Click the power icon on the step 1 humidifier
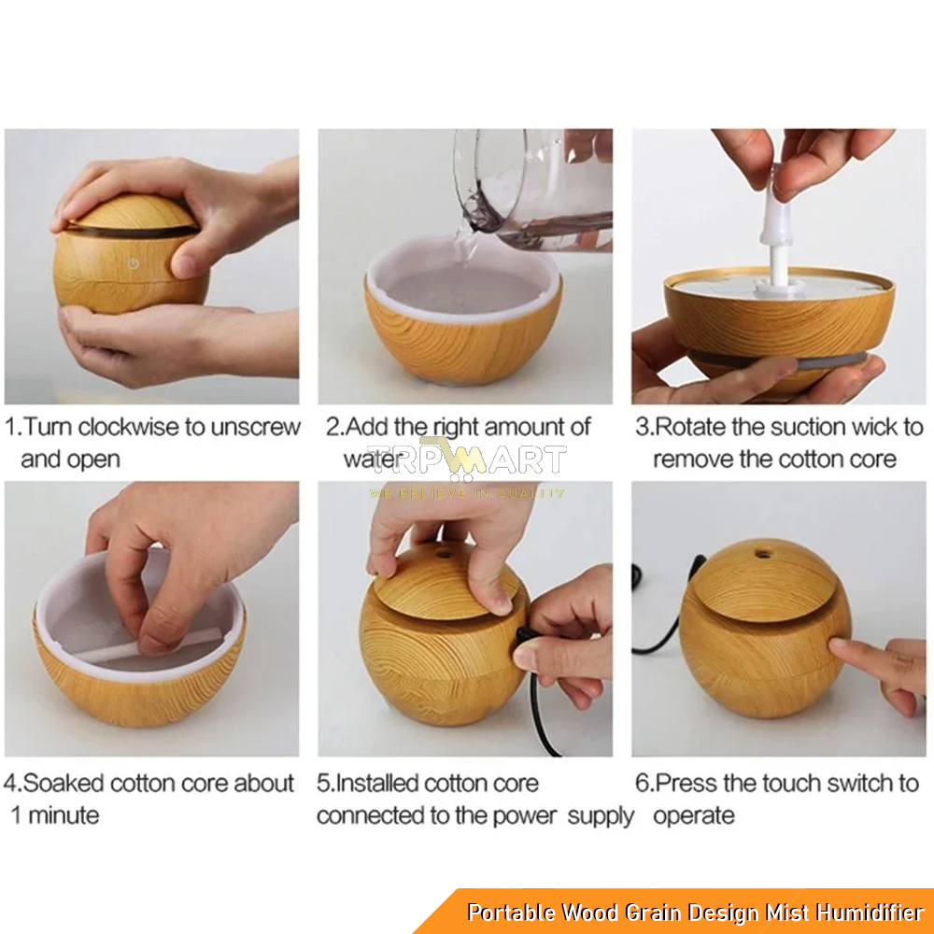pyautogui.click(x=134, y=262)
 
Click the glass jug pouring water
pyautogui.click(x=533, y=190)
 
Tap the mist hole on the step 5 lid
pyautogui.click(x=444, y=555)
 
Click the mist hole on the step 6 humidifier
pyautogui.click(x=760, y=555)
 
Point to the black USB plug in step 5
pyautogui.click(x=524, y=635)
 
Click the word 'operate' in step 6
pyautogui.click(x=694, y=815)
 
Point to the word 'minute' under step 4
pyautogui.click(x=64, y=815)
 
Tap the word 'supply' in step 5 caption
pyautogui.click(x=601, y=816)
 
